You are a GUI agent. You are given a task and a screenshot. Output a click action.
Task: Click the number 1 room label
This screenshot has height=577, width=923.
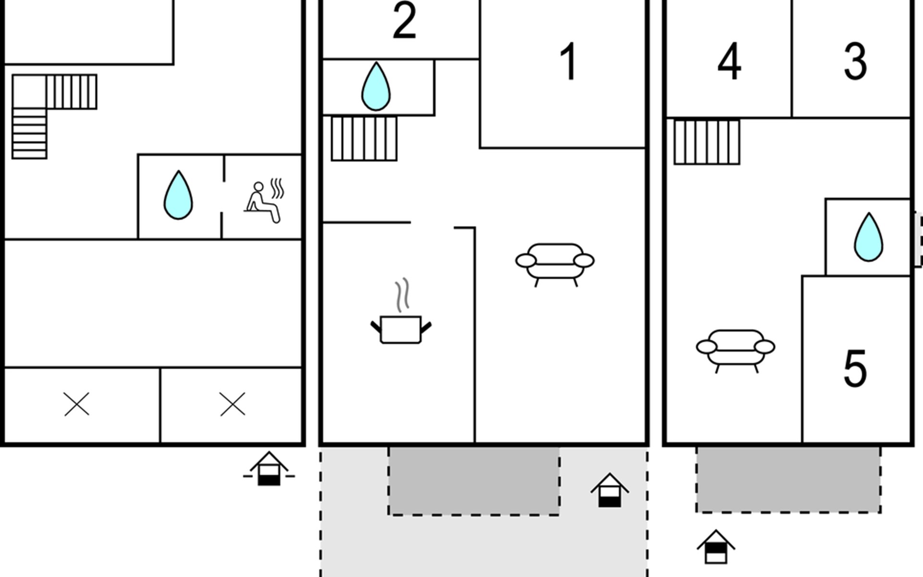coord(568,62)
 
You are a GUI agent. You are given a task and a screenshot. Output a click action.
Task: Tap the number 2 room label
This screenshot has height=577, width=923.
coord(404,21)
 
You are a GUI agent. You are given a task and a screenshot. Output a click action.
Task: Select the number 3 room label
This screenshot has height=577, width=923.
coord(855,62)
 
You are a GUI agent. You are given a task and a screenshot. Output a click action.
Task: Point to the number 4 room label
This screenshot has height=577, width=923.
coord(729,62)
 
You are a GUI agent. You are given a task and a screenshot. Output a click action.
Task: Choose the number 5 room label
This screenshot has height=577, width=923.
coord(855,369)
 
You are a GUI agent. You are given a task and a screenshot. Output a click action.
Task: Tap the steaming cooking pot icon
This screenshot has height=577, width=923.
coord(401,311)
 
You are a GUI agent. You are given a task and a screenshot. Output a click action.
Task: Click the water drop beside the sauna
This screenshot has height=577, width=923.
coord(178,195)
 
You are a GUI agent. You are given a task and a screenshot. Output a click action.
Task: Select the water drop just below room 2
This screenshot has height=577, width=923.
coord(376,87)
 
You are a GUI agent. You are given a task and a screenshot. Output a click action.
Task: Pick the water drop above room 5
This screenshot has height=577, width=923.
coord(868,237)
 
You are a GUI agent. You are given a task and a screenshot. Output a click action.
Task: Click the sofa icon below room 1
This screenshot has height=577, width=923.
coord(555,265)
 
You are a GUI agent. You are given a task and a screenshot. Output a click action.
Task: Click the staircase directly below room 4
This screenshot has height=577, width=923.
coord(707,142)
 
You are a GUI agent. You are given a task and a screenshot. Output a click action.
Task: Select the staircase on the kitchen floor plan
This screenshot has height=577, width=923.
coord(364,138)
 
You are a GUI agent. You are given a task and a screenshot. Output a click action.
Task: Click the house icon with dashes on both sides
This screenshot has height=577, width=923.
coord(269,469)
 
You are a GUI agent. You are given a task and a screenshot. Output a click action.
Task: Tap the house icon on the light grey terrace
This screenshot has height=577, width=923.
coord(610,490)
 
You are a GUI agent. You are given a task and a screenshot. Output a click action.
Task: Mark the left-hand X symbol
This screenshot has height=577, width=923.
coord(76,404)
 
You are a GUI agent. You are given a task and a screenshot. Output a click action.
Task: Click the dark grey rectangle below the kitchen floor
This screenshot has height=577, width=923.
coord(474,481)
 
